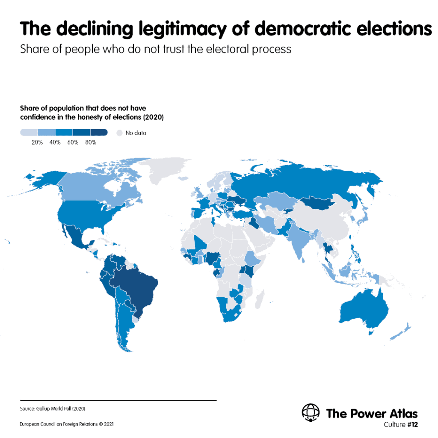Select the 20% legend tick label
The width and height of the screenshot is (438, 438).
pos(37,142)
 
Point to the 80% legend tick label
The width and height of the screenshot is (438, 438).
pos(90,142)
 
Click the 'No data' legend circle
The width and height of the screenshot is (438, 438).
pos(119,133)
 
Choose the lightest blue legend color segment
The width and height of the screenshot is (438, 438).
pos(29,133)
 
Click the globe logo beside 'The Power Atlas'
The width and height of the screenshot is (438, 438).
pos(311,413)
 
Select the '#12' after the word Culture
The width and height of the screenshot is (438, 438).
pos(412,424)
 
